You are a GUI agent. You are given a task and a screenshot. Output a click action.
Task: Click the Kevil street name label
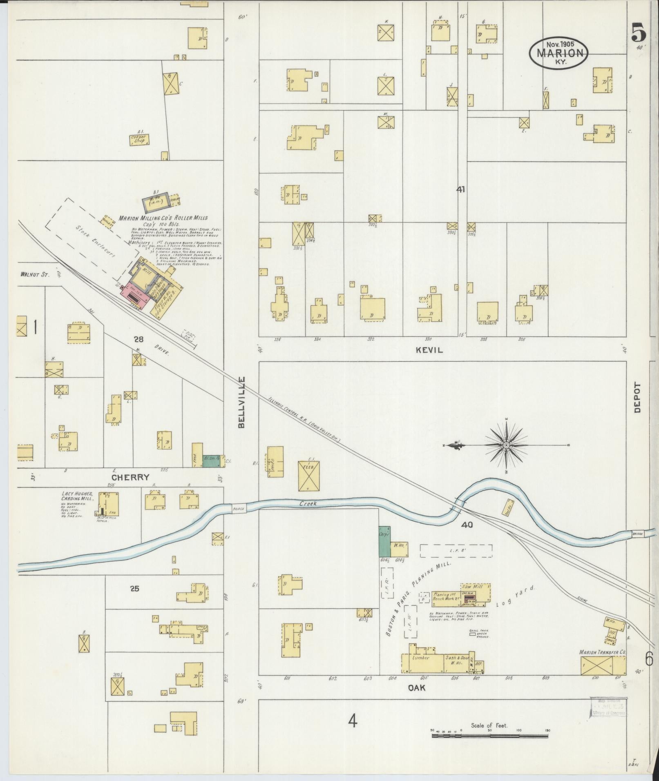point(429,350)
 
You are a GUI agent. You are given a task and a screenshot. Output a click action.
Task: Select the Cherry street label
point(132,477)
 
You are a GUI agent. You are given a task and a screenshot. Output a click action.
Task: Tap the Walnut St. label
point(35,275)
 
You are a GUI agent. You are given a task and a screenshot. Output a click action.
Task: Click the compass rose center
point(506,445)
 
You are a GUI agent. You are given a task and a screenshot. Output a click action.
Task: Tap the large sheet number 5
point(639,33)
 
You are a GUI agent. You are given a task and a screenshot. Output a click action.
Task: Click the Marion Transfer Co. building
point(603,665)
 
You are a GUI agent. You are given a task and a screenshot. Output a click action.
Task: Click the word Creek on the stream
point(308,504)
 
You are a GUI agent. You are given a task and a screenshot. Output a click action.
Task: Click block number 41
point(461,190)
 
